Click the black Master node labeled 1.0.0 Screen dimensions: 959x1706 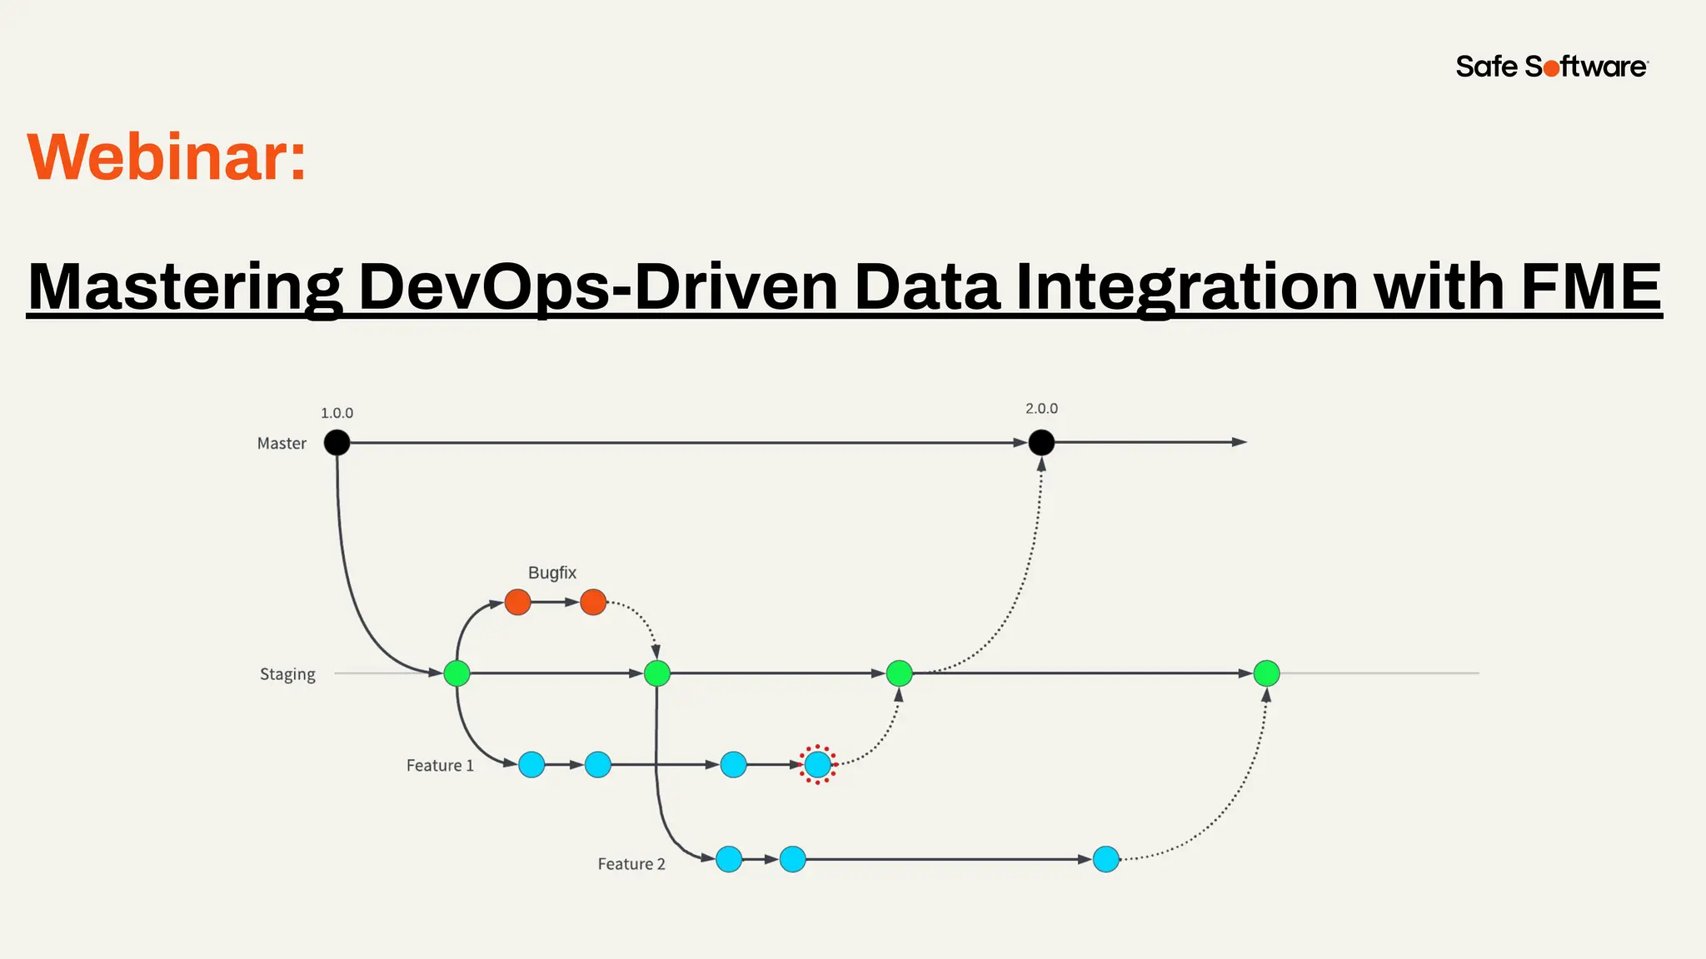pos(337,443)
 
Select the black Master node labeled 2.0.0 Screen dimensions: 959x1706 pos(1041,443)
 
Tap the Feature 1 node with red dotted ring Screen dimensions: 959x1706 pos(818,764)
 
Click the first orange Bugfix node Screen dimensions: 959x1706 pos(517,602)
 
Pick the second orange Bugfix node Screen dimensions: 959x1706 pos(593,602)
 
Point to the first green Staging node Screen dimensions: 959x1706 pos(456,673)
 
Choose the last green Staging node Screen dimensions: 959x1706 pos(1266,673)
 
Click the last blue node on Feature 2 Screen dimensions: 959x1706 pos(1105,859)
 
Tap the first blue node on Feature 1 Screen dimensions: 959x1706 pos(531,764)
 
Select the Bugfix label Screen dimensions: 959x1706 pos(551,573)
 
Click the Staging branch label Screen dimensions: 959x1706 pos(287,674)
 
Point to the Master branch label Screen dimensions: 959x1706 pos(282,444)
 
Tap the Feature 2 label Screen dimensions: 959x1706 pos(631,864)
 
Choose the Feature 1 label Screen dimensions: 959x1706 pos(440,766)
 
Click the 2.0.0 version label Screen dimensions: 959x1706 pos(1041,409)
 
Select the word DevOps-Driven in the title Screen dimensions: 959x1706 pos(597,287)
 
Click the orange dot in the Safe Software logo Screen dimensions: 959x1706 pos(1552,68)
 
